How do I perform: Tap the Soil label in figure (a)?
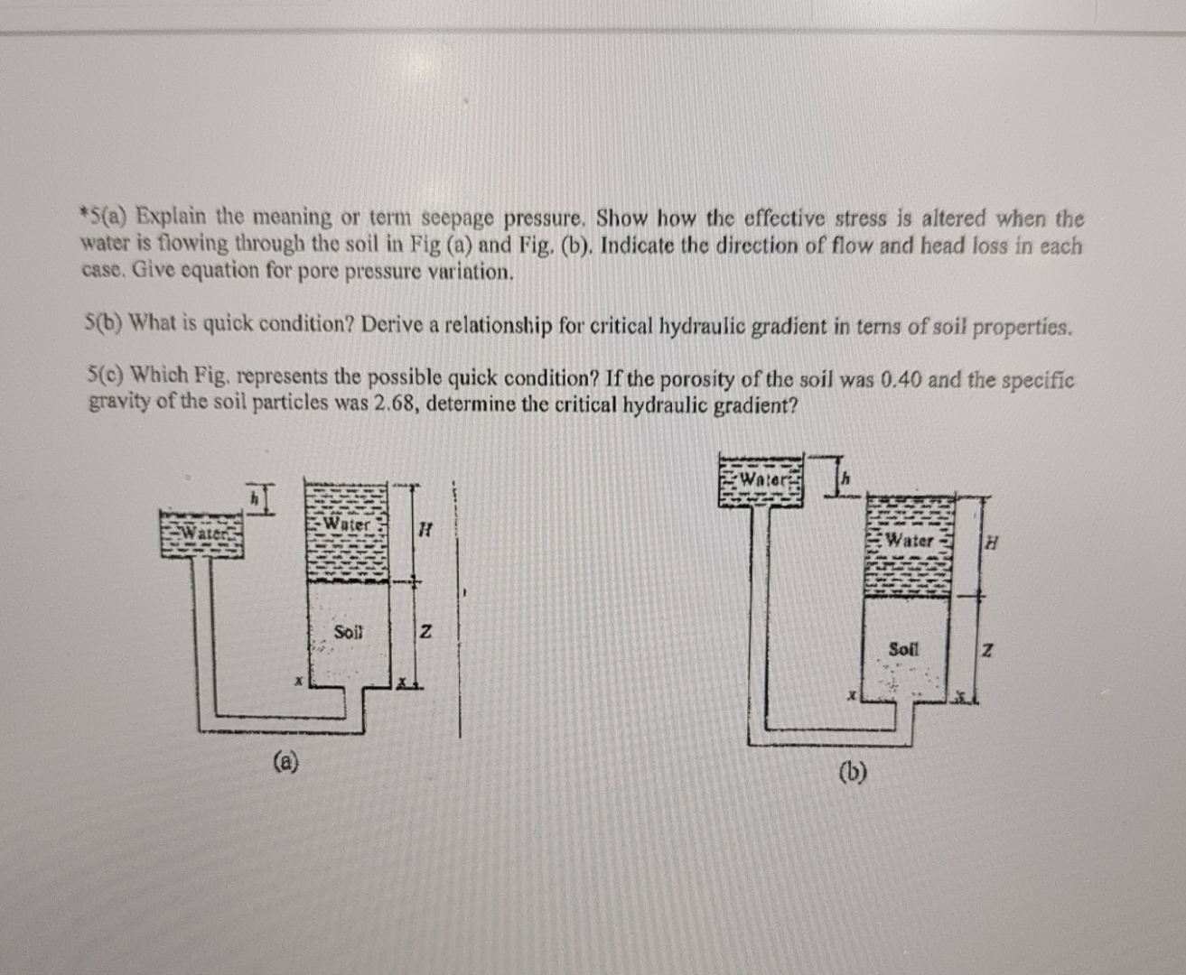(348, 631)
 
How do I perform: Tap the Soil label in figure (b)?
(903, 648)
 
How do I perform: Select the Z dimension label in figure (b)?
(988, 650)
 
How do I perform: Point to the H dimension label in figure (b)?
(992, 543)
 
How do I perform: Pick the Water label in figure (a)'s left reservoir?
(204, 532)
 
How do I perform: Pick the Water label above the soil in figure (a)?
(347, 523)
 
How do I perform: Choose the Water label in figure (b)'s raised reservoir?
(764, 478)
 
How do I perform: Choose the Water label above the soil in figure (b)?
(910, 541)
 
